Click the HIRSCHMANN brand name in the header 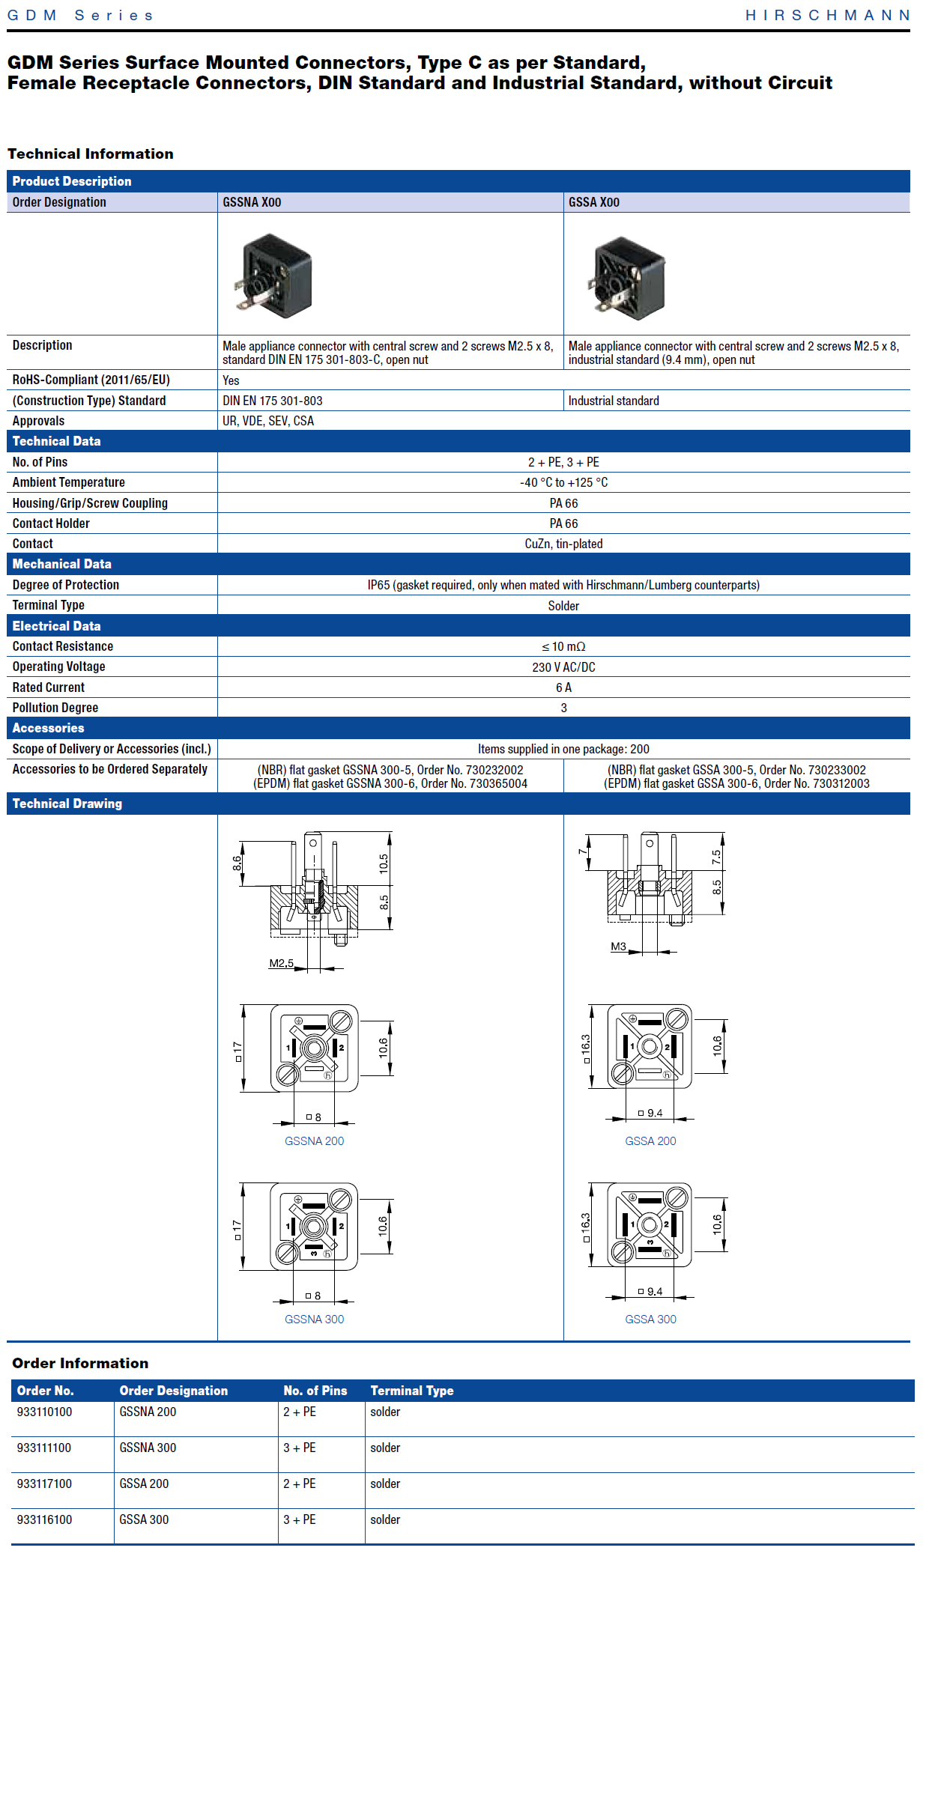tap(828, 15)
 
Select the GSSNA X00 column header tap(252, 202)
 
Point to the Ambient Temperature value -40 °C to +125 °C tap(564, 482)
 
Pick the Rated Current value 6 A tap(564, 687)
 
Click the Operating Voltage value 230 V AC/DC tap(564, 667)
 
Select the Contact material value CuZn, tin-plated tap(564, 544)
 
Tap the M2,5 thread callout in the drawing tap(281, 963)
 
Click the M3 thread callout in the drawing tap(618, 947)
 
